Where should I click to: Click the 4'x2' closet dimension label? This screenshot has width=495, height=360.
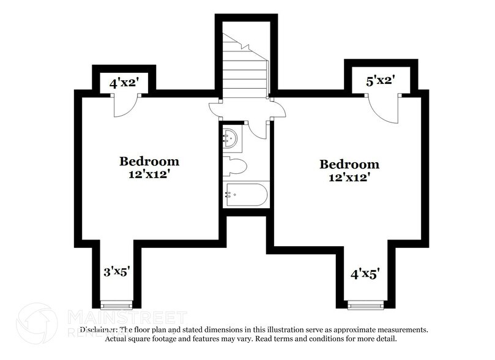[x=123, y=82]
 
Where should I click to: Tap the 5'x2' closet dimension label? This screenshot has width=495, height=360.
[x=380, y=80]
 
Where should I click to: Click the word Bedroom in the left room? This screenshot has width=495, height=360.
[x=149, y=162]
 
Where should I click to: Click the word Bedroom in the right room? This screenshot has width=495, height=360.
[x=349, y=164]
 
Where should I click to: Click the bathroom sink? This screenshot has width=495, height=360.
[x=231, y=139]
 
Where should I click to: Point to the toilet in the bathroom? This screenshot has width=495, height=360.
[x=234, y=166]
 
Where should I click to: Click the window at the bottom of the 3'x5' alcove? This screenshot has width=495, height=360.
[x=116, y=304]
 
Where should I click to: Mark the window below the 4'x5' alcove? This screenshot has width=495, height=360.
[x=365, y=304]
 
